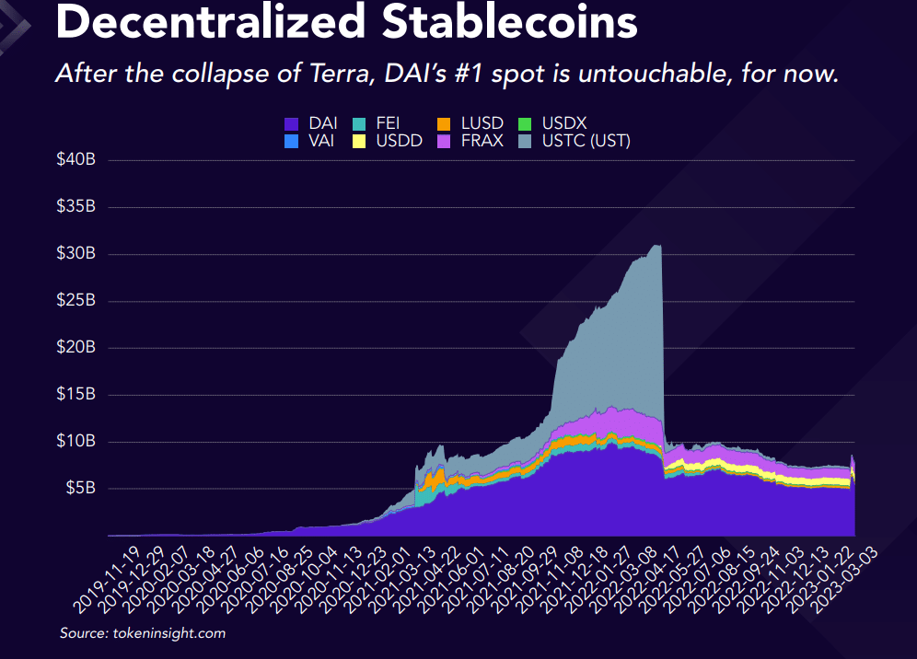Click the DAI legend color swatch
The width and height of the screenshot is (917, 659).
292,122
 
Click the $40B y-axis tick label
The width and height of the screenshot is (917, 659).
75,160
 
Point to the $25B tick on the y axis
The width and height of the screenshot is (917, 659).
75,301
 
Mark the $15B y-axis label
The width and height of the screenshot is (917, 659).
75,394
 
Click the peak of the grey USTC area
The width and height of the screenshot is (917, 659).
656,245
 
